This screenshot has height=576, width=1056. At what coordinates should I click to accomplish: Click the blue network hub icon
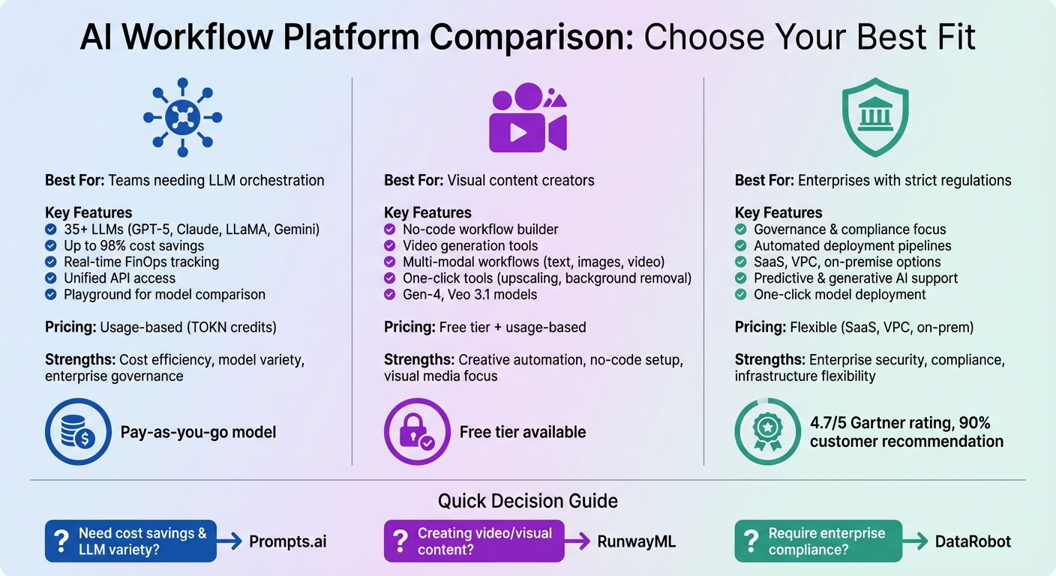point(182,118)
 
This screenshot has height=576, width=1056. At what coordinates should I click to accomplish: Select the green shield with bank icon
point(875,118)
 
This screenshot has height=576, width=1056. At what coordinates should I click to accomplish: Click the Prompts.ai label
point(288,541)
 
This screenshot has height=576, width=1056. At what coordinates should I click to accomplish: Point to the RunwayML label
point(637,541)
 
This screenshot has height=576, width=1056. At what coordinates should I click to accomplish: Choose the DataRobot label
point(973,541)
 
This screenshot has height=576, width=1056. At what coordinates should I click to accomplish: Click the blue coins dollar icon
point(77,432)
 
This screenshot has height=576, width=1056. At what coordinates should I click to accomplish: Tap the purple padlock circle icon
point(417,432)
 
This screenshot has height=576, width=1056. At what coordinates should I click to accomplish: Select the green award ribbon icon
point(766,432)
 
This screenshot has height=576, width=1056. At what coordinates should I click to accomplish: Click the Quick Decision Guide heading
point(528,501)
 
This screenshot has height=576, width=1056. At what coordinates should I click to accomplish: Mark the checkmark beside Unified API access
point(50,278)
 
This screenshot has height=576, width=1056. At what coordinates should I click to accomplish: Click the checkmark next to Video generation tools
point(389,246)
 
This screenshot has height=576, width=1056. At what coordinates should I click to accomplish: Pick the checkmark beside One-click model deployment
point(740,295)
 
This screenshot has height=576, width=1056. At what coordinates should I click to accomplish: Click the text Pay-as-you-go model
point(198,433)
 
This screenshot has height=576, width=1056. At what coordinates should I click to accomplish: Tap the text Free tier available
point(523,433)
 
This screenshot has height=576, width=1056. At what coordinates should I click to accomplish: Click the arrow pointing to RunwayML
point(577,541)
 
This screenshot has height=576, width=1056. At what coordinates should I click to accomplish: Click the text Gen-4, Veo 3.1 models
point(469,295)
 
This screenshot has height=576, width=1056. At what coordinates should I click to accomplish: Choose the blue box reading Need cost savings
point(130,541)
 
